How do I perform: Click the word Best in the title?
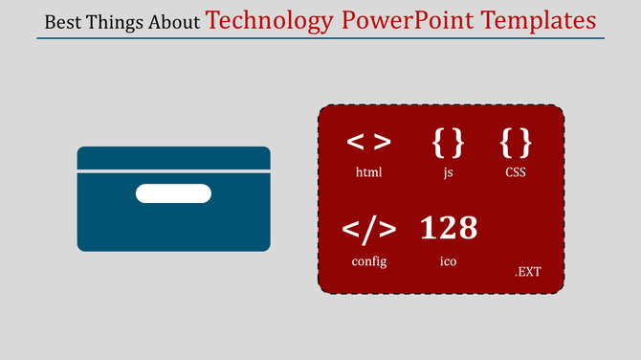click(64, 22)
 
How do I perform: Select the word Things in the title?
click(118, 22)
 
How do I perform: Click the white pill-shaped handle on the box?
click(173, 194)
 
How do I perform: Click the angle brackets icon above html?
click(368, 142)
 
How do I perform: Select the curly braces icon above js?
click(448, 142)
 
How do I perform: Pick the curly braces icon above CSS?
click(516, 142)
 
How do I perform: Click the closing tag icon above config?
click(368, 229)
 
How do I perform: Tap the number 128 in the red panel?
click(448, 228)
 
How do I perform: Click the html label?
click(368, 173)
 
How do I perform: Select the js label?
click(448, 174)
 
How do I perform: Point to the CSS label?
click(516, 173)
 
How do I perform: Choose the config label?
click(368, 261)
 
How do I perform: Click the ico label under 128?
click(448, 261)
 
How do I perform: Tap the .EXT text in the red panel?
click(527, 272)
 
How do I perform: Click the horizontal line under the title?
click(320, 38)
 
